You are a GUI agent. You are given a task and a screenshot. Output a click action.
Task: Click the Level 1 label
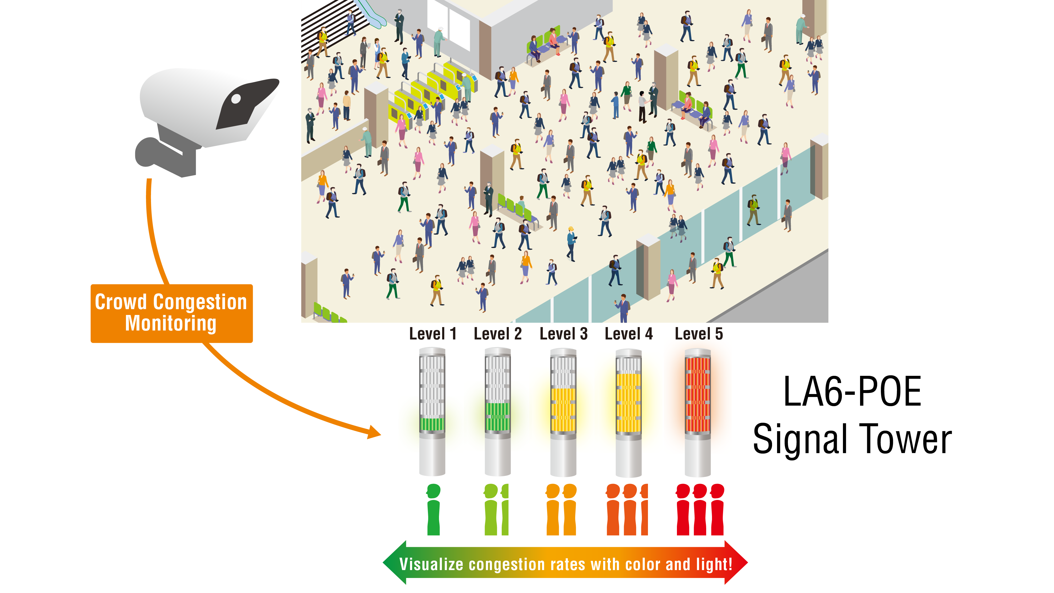[432, 334]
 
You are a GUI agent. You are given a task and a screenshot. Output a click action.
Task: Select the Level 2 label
[497, 334]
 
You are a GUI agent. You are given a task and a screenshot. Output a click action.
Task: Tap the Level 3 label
[563, 334]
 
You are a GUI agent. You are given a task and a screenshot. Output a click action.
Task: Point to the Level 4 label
[628, 334]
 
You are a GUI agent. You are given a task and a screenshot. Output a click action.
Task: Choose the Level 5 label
[699, 334]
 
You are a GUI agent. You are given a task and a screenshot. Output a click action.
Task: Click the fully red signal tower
[698, 411]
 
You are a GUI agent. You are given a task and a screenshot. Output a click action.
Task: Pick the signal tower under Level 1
[432, 411]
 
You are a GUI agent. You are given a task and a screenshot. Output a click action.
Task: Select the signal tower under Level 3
[563, 411]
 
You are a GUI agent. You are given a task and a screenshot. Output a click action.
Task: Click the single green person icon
[433, 509]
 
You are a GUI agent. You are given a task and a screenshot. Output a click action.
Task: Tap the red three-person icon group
[700, 509]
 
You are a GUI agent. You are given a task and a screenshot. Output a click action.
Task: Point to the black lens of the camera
[236, 99]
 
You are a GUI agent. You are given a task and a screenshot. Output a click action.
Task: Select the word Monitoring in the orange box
[171, 323]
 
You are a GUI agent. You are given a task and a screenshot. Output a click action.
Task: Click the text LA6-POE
[852, 392]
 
